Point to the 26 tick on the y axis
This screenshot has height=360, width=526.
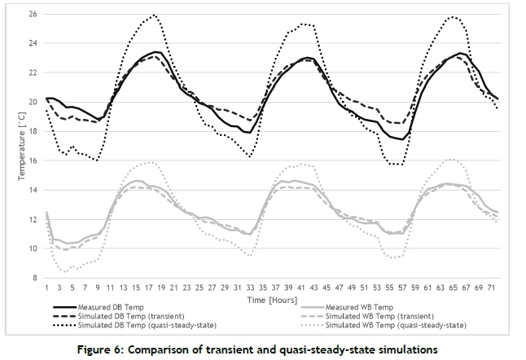click(x=33, y=14)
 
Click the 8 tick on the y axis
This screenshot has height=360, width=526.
click(x=35, y=278)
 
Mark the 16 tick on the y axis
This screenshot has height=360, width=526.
click(x=33, y=160)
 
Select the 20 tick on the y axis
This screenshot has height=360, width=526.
click(x=33, y=102)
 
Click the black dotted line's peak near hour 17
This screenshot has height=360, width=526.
click(x=153, y=15)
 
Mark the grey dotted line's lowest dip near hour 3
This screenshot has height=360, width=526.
click(x=63, y=270)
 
